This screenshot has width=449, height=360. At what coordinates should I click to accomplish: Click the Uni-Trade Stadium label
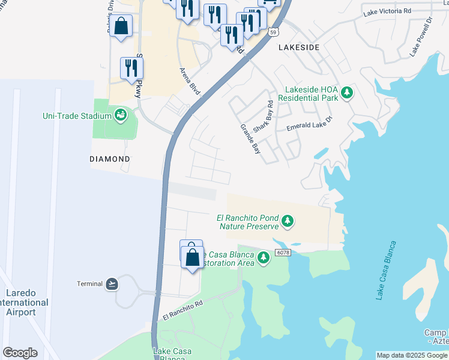[x=77, y=116]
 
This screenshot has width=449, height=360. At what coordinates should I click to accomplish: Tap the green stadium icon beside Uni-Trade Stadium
[x=120, y=115]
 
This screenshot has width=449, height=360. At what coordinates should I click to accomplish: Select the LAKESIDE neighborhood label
[x=298, y=47]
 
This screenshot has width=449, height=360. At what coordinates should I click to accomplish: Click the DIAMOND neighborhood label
[x=110, y=159]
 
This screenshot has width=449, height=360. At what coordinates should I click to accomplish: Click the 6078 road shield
[x=283, y=253]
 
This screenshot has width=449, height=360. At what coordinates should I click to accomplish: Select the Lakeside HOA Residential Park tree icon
[x=346, y=93]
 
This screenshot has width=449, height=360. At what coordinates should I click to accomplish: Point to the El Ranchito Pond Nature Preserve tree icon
[x=288, y=222]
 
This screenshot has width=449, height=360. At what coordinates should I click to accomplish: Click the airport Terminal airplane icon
[x=112, y=283]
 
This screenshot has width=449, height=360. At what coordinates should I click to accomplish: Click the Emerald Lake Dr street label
[x=309, y=123]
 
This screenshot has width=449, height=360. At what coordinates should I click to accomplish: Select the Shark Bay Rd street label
[x=263, y=116]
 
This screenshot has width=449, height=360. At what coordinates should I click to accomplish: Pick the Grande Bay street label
[x=250, y=139]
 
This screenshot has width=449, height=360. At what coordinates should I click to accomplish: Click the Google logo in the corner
[x=20, y=353]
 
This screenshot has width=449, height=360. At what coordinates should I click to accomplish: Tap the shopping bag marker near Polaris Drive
[x=121, y=26]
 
